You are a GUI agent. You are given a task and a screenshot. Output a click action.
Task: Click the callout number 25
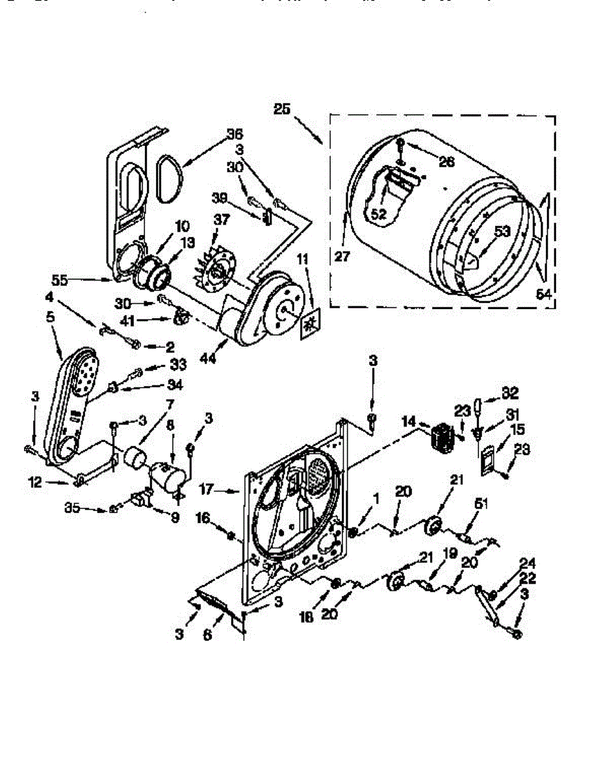click(x=282, y=109)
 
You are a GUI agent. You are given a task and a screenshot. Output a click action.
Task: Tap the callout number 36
click(x=234, y=134)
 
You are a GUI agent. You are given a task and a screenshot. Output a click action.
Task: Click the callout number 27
click(x=342, y=256)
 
